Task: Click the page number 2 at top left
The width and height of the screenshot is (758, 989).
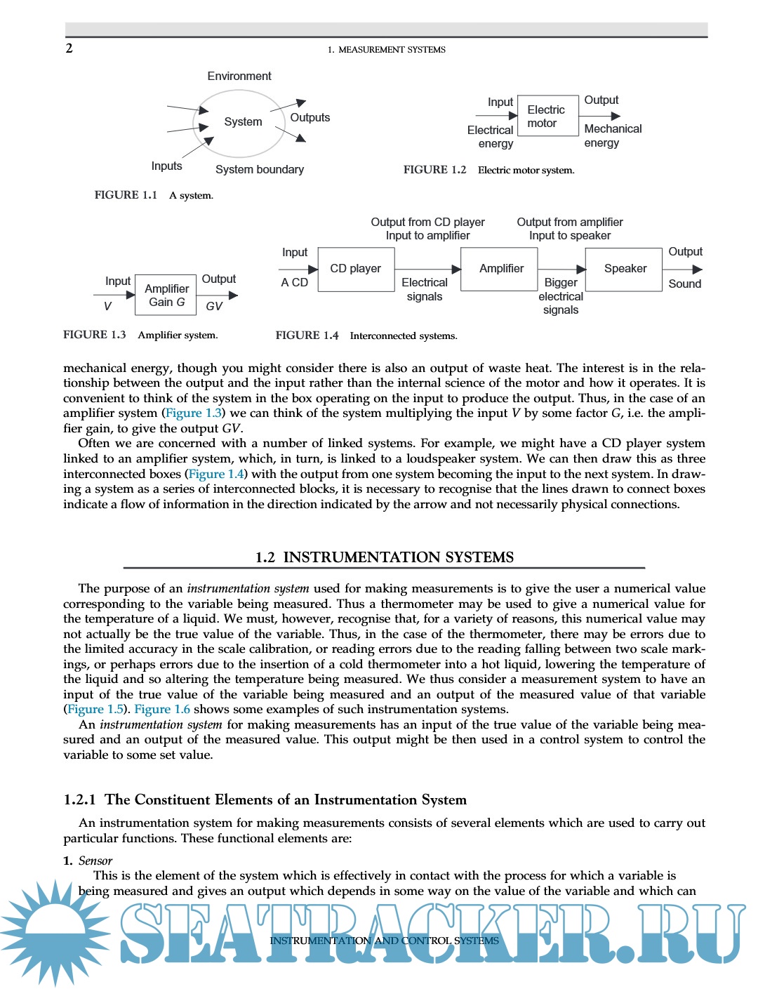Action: [69, 48]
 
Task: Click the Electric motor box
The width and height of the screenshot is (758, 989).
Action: [547, 117]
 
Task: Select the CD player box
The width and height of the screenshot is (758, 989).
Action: [356, 269]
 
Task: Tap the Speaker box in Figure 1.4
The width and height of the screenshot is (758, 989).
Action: [625, 269]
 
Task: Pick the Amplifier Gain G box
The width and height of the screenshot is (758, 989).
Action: [166, 296]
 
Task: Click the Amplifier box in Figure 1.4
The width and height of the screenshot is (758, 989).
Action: [501, 269]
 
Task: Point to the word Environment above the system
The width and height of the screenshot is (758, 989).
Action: [239, 76]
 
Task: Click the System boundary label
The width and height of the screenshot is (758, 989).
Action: [260, 169]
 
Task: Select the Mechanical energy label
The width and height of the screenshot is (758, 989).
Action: [612, 135]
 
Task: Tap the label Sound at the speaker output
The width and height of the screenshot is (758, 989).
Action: [684, 284]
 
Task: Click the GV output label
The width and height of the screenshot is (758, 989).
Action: [214, 306]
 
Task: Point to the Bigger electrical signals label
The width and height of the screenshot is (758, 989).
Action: [561, 296]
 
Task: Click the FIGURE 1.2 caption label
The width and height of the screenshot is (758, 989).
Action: [434, 170]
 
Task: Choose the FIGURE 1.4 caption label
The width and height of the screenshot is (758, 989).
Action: [307, 336]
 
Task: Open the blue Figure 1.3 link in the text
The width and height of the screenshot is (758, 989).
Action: [194, 413]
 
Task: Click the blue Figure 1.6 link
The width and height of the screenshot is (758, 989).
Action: [162, 709]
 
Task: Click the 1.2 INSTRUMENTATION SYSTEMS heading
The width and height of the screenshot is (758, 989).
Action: [384, 557]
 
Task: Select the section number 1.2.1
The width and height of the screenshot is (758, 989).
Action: [79, 800]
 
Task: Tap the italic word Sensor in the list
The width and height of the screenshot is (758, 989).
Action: [95, 861]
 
